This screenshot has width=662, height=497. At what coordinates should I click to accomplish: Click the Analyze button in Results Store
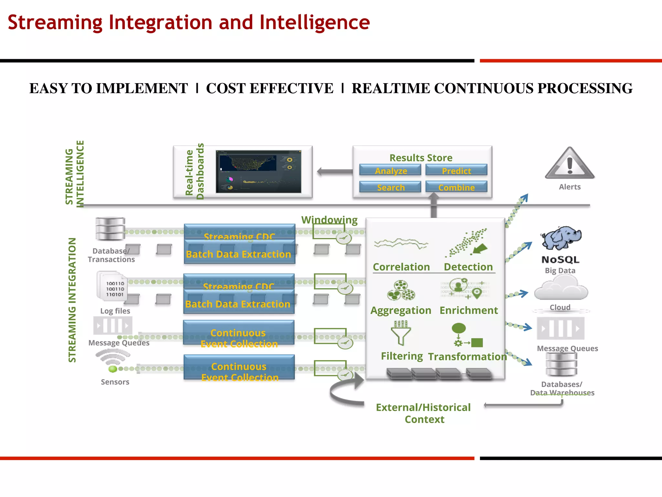pyautogui.click(x=390, y=170)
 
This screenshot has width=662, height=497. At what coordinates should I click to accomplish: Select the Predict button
pyautogui.click(x=456, y=170)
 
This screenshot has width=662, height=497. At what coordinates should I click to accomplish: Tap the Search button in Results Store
pyautogui.click(x=390, y=187)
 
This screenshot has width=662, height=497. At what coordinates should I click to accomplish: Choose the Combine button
pyautogui.click(x=456, y=187)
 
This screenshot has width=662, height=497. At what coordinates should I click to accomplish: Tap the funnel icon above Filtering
pyautogui.click(x=401, y=333)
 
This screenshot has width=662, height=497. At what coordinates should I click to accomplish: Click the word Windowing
pyautogui.click(x=329, y=220)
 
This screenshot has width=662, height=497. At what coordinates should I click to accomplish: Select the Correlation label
pyautogui.click(x=401, y=267)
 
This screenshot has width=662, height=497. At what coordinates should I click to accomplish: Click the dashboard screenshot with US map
pyautogui.click(x=258, y=171)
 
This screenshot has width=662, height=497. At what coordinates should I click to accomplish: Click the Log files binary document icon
pyautogui.click(x=112, y=286)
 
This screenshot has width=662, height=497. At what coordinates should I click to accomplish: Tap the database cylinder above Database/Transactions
pyautogui.click(x=110, y=228)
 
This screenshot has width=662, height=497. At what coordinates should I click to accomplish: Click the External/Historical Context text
pyautogui.click(x=423, y=413)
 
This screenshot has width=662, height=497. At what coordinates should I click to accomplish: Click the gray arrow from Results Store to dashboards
pyautogui.click(x=335, y=171)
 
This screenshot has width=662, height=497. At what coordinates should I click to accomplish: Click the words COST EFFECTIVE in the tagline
pyautogui.click(x=270, y=88)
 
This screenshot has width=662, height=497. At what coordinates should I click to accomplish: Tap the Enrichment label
pyautogui.click(x=468, y=310)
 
